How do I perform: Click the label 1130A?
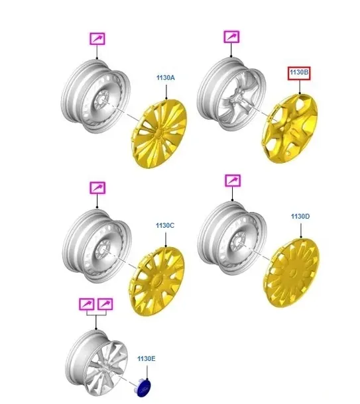point(166,77)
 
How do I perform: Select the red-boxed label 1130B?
point(299,73)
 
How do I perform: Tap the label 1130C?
point(165,225)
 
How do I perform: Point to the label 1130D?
point(300,217)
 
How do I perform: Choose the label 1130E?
point(147,359)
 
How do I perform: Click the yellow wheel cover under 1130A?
point(159,133)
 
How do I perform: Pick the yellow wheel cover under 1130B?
point(290,128)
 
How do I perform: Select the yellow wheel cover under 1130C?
point(158,280)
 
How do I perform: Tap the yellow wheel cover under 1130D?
point(292,273)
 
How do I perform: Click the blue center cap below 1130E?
point(145,387)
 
